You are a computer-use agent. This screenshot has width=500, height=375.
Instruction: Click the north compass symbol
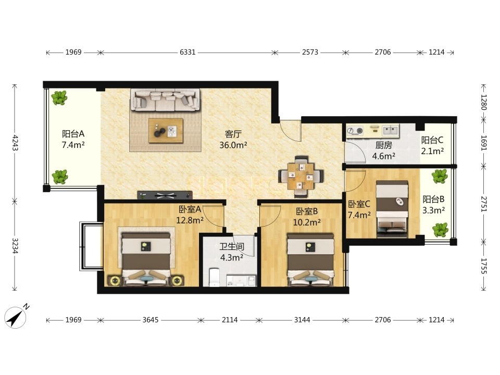coord(16,316)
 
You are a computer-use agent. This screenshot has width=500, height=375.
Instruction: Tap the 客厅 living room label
coord(233,134)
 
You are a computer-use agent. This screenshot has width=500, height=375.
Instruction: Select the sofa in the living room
coord(166,99)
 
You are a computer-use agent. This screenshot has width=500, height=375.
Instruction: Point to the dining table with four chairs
coord(301,177)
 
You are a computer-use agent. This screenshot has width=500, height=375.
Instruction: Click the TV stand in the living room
coord(165,195)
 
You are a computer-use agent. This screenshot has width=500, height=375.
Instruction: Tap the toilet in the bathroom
coord(214,277)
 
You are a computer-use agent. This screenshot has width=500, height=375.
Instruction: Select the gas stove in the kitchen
coord(355,130)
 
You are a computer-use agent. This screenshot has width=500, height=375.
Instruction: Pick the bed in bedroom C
coord(392,209)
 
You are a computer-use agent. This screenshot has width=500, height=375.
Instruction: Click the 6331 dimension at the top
coord(187,52)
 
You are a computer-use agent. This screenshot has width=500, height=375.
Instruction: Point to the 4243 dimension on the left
coord(15,143)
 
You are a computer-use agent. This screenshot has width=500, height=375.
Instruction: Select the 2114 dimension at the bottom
coord(230,319)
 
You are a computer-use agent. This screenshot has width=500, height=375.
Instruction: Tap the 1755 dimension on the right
coord(484,266)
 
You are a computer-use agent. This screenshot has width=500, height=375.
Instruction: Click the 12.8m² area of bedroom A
coord(190,220)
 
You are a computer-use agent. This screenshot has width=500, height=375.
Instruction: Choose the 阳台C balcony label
coord(432,140)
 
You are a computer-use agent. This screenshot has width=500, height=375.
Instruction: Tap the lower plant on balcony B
coord(440,230)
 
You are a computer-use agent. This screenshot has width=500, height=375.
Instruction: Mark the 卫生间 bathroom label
coord(231,246)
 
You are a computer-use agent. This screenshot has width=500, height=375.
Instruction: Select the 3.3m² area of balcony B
coord(434,210)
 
